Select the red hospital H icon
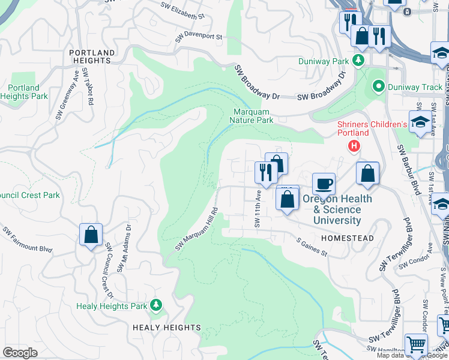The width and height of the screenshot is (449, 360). pyautogui.click(x=355, y=146)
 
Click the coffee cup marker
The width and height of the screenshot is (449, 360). pyautogui.click(x=324, y=183)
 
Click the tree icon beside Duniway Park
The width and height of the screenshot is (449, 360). pyautogui.click(x=358, y=61)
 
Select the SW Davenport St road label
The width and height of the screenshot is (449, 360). pyautogui.click(x=199, y=37)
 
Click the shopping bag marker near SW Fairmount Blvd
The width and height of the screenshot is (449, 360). pyautogui.click(x=91, y=235)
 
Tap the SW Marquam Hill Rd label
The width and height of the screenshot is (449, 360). pyautogui.click(x=196, y=230)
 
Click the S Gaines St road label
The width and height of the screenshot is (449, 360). pyautogui.click(x=312, y=247)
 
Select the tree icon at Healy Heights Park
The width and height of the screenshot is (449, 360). pyautogui.click(x=156, y=305)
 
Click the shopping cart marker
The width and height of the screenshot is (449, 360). pyautogui.click(x=416, y=345)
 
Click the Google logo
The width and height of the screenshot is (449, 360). pyautogui.click(x=20, y=353)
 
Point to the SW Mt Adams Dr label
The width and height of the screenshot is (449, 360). pyautogui.click(x=124, y=248)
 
